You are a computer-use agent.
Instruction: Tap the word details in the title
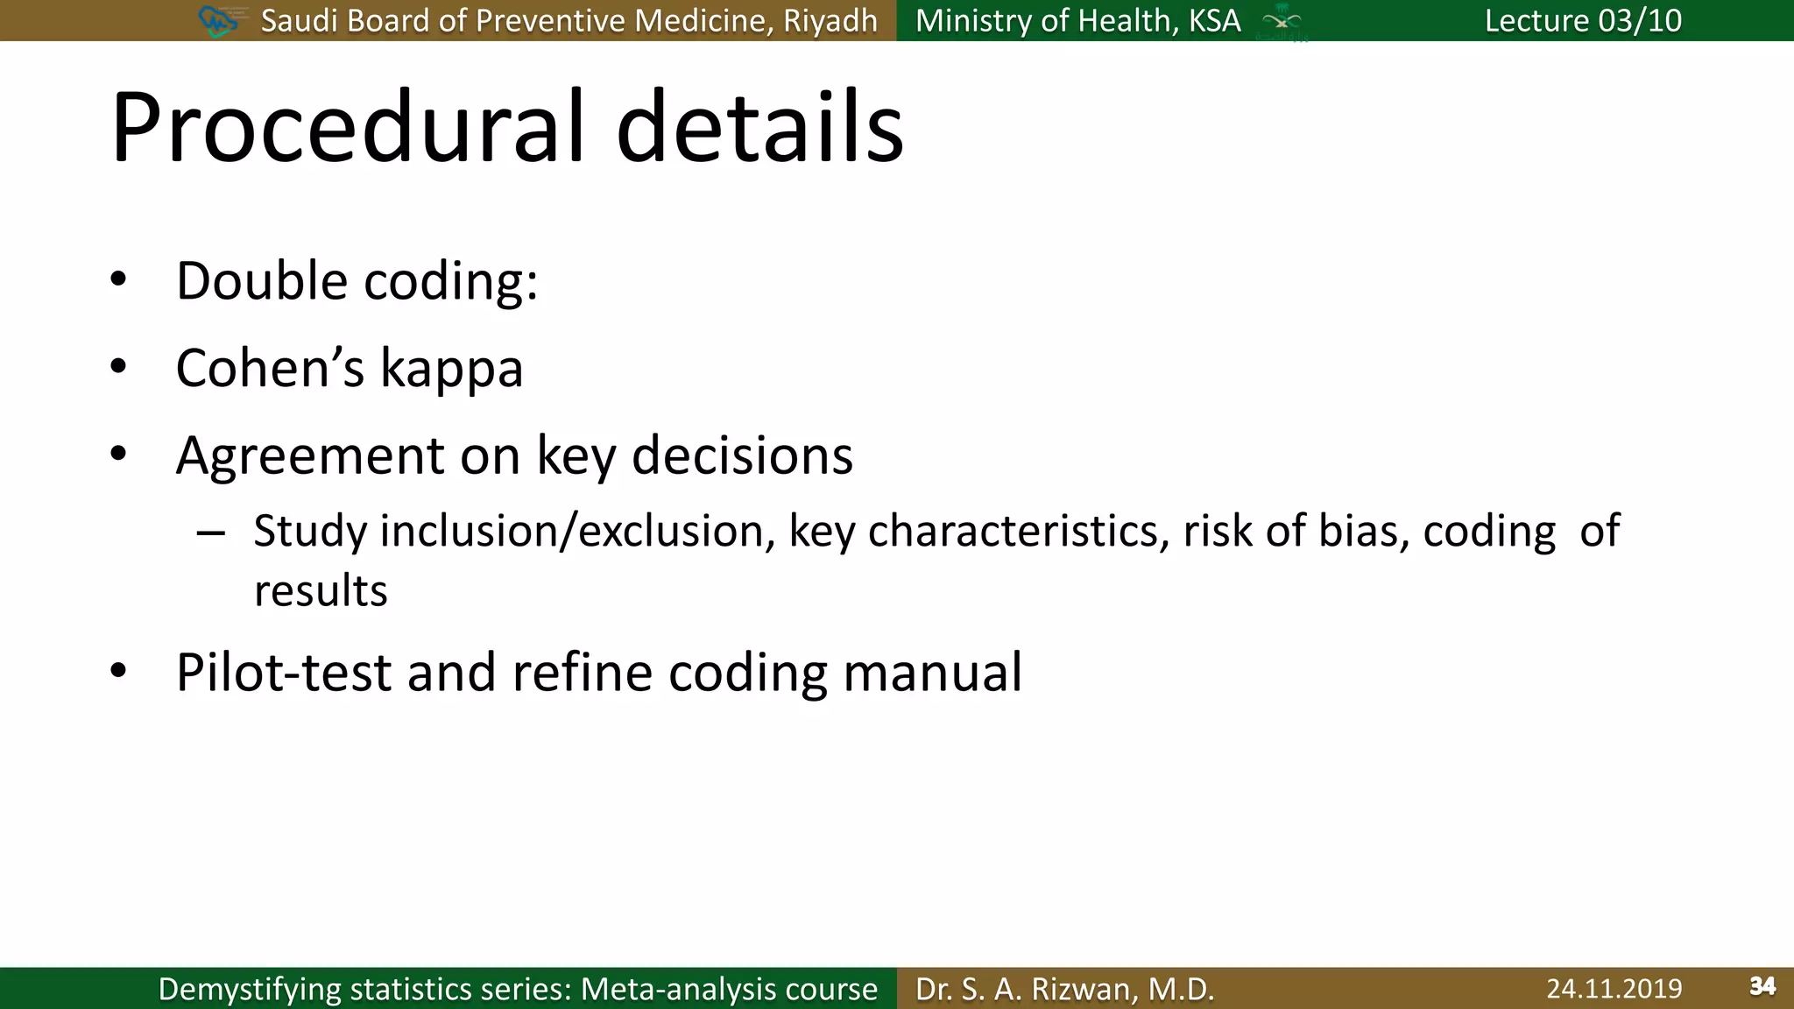point(759,128)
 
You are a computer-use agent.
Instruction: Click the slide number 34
point(1762,987)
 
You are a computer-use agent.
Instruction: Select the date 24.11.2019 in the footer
point(1614,989)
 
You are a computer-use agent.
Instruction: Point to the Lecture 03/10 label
point(1583,20)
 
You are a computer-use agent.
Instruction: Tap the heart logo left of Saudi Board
point(217,20)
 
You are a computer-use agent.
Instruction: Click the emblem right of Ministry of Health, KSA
point(1282,22)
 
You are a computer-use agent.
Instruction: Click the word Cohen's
point(270,368)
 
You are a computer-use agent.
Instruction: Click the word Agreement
point(310,456)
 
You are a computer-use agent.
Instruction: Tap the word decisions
point(742,455)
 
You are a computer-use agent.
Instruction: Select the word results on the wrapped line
point(321,590)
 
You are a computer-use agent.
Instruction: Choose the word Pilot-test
point(284,673)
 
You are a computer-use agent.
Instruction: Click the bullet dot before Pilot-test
point(119,672)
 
